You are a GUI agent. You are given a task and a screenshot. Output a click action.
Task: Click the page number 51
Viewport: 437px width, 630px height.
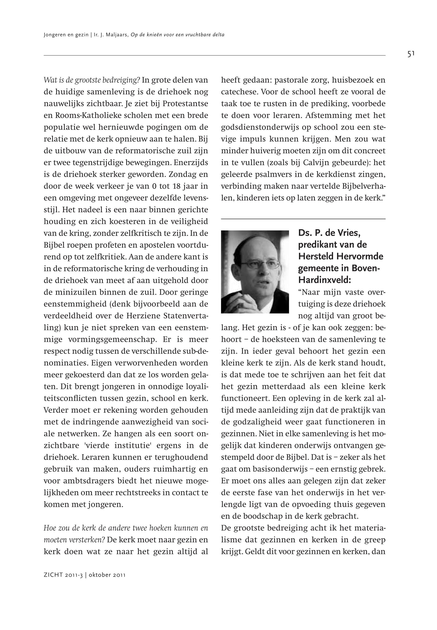pos(411,54)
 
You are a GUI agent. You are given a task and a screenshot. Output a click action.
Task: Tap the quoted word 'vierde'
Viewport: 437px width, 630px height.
pos(97,446)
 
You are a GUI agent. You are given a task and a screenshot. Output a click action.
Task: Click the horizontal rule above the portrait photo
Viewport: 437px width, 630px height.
pos(303,219)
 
